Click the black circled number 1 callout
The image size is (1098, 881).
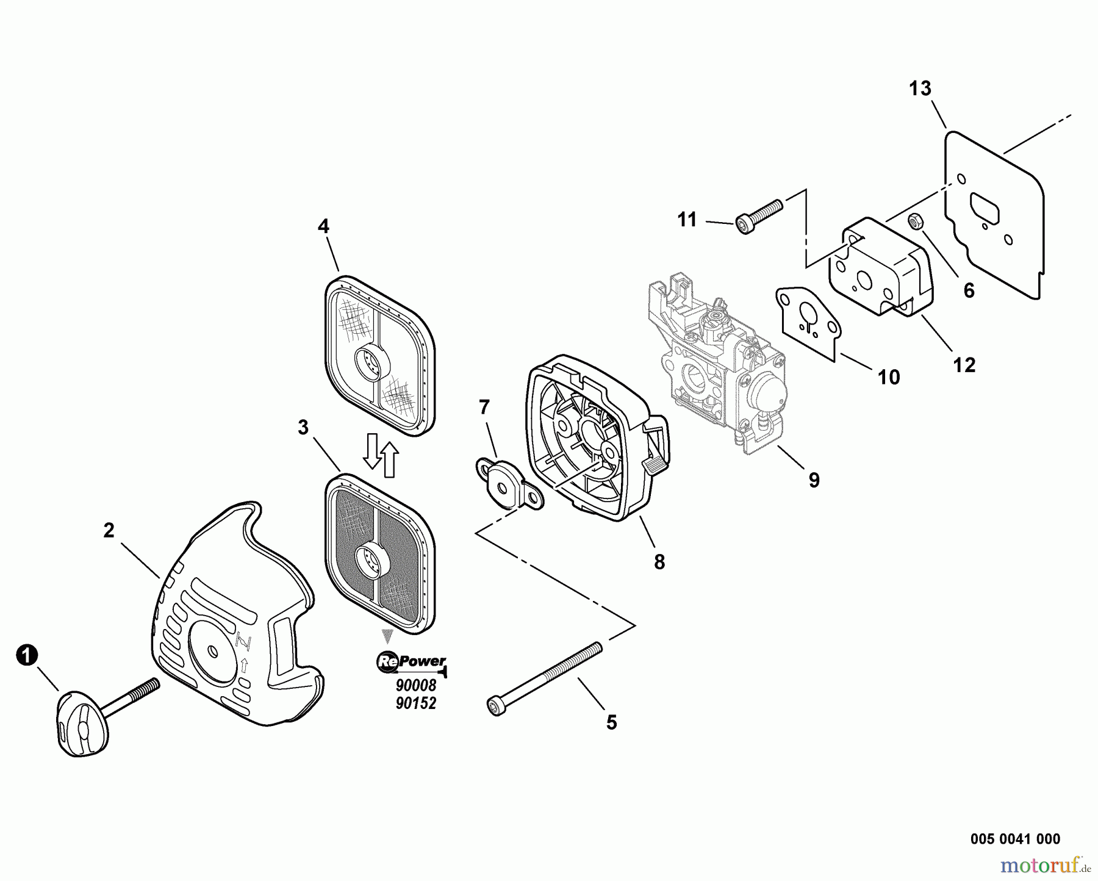(x=26, y=656)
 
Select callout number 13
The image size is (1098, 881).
(x=920, y=89)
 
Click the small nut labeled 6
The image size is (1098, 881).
(x=914, y=220)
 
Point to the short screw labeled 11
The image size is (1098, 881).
(x=759, y=217)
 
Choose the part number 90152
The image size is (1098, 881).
(x=416, y=703)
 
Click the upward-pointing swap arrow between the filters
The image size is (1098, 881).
(x=389, y=459)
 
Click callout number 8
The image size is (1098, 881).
(x=659, y=562)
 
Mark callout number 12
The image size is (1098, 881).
(x=964, y=365)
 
